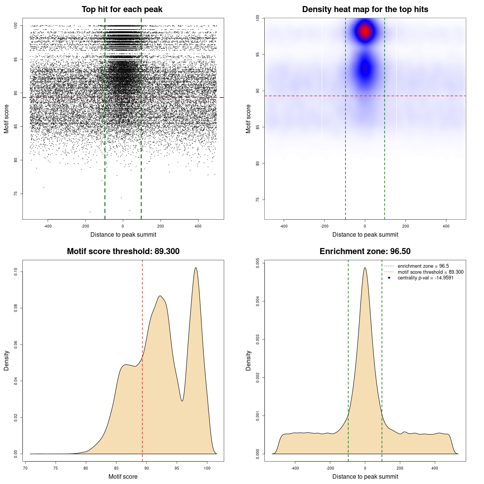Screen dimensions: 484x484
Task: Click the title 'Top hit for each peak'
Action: pos(122,9)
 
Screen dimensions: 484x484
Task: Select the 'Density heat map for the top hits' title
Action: pos(365,9)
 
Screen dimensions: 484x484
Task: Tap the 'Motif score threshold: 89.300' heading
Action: pos(123,251)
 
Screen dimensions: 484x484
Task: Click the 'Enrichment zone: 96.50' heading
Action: pos(365,251)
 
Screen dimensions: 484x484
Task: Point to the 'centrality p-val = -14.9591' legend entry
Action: pos(425,278)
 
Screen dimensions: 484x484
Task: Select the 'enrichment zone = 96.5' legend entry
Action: pos(423,266)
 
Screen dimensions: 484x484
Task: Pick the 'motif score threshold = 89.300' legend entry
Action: pos(430,272)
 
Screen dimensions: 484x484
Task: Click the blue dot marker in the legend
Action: pos(389,278)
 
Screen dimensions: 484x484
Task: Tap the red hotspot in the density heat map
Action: pos(365,31)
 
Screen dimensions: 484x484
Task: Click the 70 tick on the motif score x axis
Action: pos(25,468)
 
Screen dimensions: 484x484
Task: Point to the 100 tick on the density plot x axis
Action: pos(207,468)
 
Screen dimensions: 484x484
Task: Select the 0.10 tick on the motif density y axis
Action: pos(16,271)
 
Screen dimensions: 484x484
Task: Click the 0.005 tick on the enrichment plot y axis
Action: pos(258,263)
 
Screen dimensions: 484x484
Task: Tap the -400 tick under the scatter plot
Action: pos(48,226)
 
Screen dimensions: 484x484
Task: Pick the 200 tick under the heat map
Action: pos(406,226)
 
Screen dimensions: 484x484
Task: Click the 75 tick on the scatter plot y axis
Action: pos(16,194)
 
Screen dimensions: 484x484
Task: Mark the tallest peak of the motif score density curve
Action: pos(196,268)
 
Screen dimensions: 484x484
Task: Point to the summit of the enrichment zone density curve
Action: pos(365,268)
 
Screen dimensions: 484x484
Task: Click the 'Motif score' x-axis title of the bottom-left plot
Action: pos(123,476)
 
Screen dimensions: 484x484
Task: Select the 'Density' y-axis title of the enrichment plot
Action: pos(248,360)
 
